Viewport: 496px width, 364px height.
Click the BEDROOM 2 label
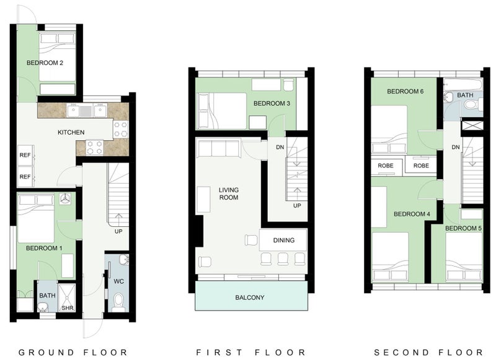point(45,63)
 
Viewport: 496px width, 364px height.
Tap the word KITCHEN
point(71,132)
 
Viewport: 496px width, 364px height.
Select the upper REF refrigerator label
point(25,155)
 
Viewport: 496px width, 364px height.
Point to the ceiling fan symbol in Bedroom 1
point(66,199)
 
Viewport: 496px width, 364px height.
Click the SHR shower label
point(68,308)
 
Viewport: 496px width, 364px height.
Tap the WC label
point(118,281)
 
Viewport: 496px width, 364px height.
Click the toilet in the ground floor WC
point(118,300)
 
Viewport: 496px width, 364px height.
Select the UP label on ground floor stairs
point(118,231)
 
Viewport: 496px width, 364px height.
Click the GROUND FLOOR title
point(73,352)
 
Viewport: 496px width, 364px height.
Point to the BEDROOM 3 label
point(272,104)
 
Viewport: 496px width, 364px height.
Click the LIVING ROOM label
point(229,193)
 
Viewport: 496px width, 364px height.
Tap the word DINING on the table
point(284,241)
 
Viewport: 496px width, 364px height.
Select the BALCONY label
point(250,298)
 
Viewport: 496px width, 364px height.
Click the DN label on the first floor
point(280,147)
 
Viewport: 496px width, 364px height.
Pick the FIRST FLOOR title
point(251,352)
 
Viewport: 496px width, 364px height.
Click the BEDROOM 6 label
point(405,91)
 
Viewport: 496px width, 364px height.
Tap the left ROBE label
point(386,166)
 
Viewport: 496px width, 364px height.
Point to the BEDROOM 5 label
point(463,228)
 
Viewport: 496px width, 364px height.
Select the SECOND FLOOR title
point(428,352)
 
